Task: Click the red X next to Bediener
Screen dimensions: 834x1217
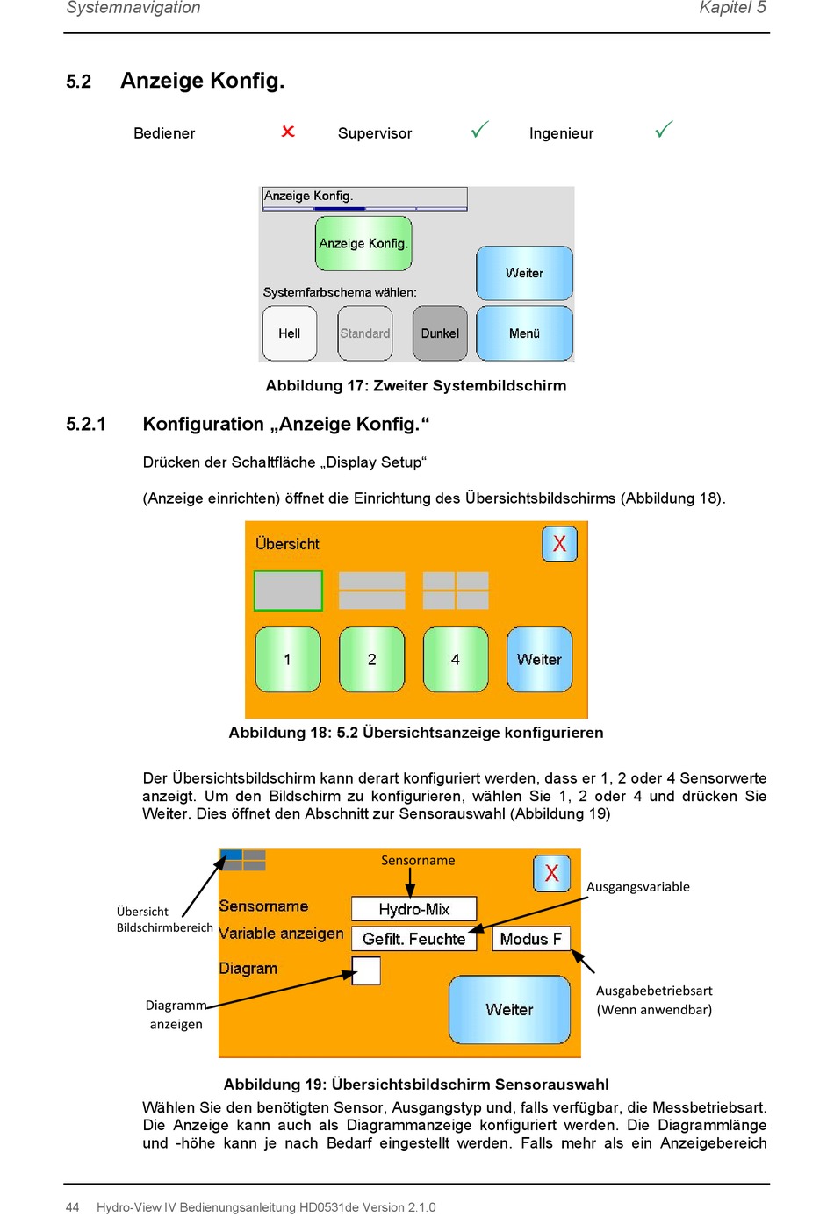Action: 288,132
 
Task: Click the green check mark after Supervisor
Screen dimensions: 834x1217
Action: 479,129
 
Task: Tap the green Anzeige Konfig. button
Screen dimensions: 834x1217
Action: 363,243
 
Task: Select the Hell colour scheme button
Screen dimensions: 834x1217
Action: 289,333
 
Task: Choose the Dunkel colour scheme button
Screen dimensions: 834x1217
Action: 440,333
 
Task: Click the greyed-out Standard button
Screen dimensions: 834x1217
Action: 365,333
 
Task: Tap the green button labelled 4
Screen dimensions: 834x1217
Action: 456,659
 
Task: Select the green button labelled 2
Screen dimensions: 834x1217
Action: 372,659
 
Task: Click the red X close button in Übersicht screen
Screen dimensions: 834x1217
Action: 559,543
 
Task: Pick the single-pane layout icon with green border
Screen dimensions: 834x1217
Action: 288,591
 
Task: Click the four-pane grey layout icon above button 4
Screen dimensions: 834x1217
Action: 456,591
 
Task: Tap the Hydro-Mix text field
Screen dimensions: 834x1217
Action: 413,909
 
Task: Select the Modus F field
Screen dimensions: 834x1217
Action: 530,939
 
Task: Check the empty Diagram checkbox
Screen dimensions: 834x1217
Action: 366,970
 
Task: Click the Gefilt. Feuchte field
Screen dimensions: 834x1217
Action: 413,939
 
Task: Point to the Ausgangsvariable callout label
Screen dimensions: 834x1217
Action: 637,887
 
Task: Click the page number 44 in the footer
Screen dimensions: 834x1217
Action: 72,1207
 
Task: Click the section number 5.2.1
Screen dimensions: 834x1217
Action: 86,424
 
